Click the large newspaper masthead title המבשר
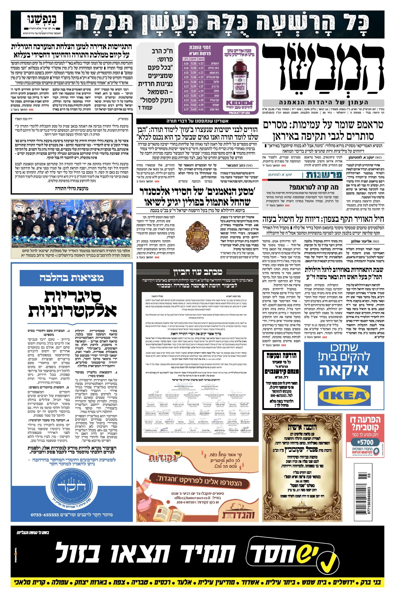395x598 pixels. pyautogui.click(x=323, y=70)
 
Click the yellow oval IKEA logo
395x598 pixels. pyautogui.click(x=344, y=396)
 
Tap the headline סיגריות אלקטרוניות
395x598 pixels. pyautogui.click(x=71, y=304)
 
